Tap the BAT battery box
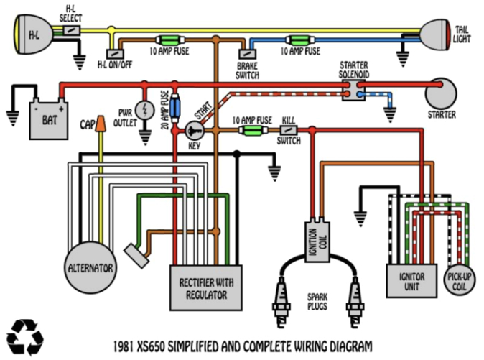[x=47, y=119]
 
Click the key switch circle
[x=194, y=131]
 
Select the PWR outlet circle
[x=146, y=110]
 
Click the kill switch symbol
[x=289, y=130]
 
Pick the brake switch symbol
[x=246, y=53]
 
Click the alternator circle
[x=90, y=267]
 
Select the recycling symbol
[x=25, y=336]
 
